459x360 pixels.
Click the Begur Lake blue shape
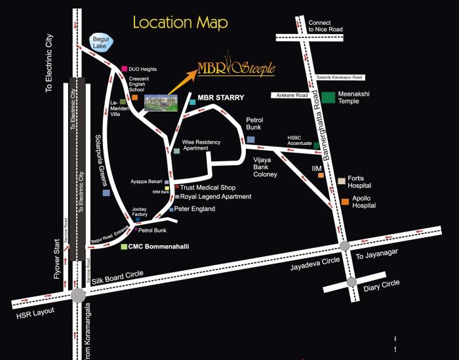[102, 44]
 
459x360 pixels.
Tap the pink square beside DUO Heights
[123, 68]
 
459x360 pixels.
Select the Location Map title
[180, 22]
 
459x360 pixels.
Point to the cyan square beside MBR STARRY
[192, 102]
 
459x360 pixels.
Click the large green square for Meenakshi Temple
[327, 98]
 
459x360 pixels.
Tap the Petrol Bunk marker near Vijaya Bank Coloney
[250, 139]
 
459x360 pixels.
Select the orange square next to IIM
[321, 175]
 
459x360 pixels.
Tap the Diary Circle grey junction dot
[353, 281]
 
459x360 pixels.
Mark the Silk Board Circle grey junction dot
[78, 295]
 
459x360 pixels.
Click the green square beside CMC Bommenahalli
[123, 247]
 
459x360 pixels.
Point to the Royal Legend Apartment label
[216, 196]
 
